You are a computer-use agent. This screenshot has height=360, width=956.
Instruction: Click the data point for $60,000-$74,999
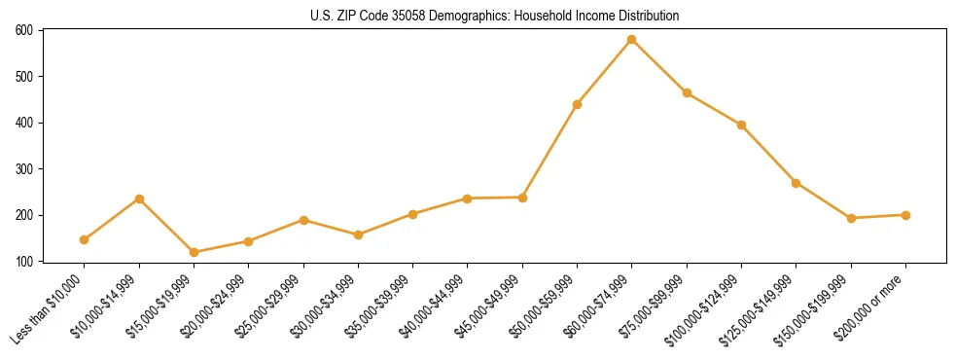coord(632,40)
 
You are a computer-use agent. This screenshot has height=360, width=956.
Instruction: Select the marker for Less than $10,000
coord(85,239)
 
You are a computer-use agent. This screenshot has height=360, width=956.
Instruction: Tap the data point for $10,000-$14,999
coord(139,198)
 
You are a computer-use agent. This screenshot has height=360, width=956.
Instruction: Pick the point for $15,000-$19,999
coord(195,252)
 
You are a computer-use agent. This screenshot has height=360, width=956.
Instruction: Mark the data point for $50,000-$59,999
coord(578,104)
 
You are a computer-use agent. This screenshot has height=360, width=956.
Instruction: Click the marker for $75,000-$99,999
coord(687,93)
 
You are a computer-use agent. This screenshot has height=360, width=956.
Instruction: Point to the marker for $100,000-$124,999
coord(742,125)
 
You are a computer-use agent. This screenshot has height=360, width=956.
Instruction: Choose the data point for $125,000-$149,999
coord(797,183)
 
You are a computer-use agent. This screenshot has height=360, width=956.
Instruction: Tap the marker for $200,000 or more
coord(906,215)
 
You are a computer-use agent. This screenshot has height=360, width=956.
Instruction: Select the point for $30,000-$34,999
coord(359,234)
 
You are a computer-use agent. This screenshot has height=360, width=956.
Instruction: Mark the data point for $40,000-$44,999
coord(468,198)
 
